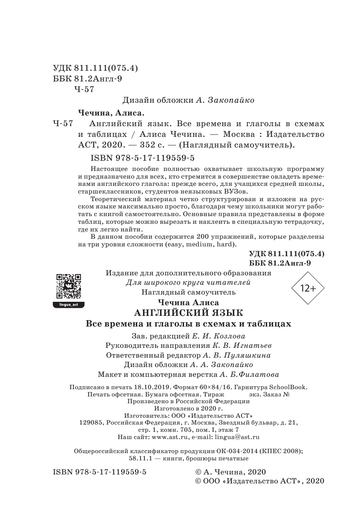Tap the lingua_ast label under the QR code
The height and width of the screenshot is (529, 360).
pos(69,304)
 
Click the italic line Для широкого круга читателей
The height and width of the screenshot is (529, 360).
pos(187,283)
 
